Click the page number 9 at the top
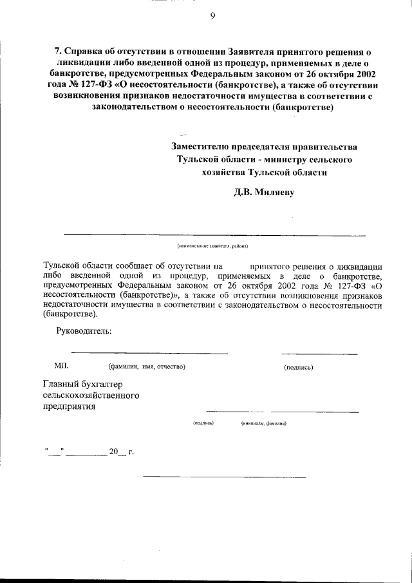point(212,17)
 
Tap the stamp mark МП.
point(61,366)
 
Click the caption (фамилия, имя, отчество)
point(147,367)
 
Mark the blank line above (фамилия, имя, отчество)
point(149,353)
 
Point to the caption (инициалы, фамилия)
point(264,423)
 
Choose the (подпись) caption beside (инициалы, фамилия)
point(203,423)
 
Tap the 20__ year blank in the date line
point(115,452)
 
